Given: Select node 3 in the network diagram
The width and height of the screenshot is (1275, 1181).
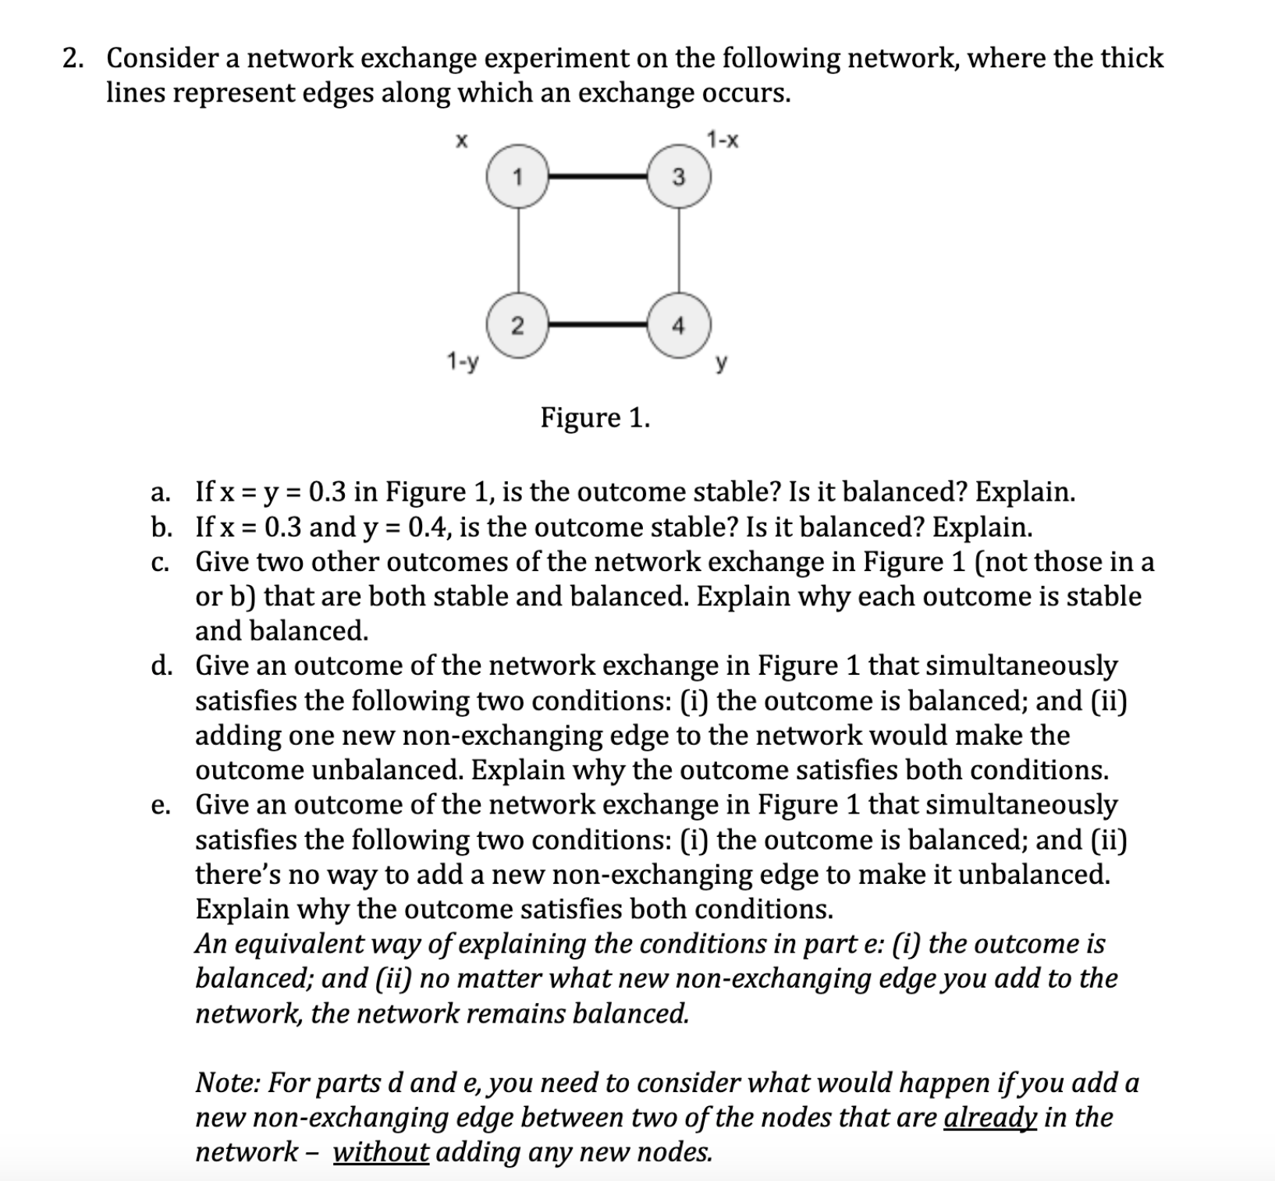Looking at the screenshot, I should click(678, 177).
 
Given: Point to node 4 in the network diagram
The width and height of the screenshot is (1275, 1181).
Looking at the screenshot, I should click(678, 325).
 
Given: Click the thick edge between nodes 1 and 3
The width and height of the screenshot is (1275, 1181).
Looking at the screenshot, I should click(598, 177).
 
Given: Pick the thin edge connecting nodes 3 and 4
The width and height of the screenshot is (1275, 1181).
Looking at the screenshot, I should click(678, 251).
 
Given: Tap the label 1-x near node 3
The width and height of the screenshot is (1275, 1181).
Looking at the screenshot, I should click(723, 140).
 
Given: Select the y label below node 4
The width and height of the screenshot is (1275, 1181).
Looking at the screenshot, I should click(723, 363).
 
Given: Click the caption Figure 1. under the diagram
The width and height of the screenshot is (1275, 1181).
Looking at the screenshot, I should click(595, 418).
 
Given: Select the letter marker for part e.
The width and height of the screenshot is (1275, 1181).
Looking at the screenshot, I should click(161, 805).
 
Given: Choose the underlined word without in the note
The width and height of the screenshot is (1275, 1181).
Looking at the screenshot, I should click(381, 1152).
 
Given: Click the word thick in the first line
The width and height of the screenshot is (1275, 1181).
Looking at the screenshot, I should click(1132, 59).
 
